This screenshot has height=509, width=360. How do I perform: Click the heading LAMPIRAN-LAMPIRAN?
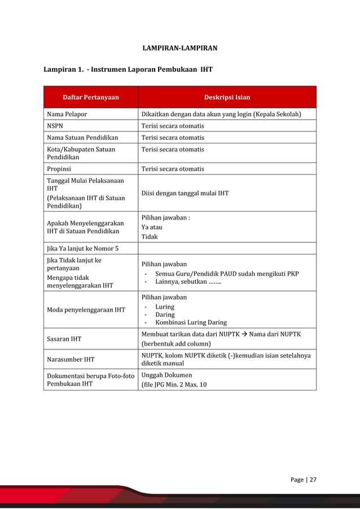point(179,48)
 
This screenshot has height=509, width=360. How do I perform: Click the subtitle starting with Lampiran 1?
point(128,70)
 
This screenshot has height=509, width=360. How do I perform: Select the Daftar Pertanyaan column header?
point(91,97)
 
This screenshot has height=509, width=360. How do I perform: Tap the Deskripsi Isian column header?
point(227,97)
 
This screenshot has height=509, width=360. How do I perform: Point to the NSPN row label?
point(55,126)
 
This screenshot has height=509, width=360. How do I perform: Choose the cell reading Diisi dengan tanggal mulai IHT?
point(185,193)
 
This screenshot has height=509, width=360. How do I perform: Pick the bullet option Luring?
point(165,307)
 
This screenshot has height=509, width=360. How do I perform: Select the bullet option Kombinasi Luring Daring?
point(191,323)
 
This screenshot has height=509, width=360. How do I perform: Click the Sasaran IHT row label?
point(64,339)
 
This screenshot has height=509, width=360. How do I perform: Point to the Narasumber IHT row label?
point(71,359)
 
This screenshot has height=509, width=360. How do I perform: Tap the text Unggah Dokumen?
point(166,375)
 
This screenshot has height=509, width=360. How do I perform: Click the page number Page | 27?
point(303,480)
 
